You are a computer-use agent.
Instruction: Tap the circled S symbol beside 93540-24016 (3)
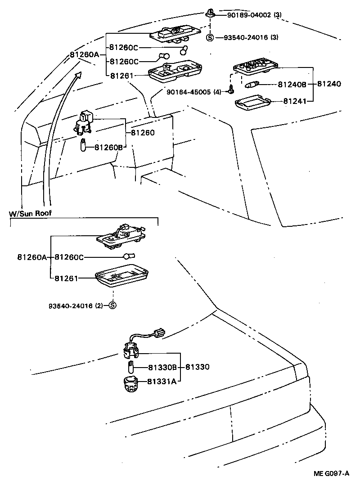pyautogui.click(x=210, y=37)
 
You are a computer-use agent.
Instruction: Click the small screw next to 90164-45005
pyautogui.click(x=231, y=90)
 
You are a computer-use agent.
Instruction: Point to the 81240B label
pyautogui.click(x=292, y=84)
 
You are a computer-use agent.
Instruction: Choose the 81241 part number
pyautogui.click(x=295, y=101)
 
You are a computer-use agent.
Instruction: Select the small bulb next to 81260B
pyautogui.click(x=84, y=145)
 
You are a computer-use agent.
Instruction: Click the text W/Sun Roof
pyautogui.click(x=30, y=213)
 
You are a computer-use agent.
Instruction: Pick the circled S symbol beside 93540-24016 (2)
pyautogui.click(x=112, y=305)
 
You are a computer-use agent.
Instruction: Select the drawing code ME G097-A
pyautogui.click(x=332, y=474)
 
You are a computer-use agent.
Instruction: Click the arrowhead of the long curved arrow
pyautogui.click(x=79, y=75)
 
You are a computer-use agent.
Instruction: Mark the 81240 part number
pyautogui.click(x=329, y=84)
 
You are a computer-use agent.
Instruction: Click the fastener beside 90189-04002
pyautogui.click(x=210, y=13)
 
